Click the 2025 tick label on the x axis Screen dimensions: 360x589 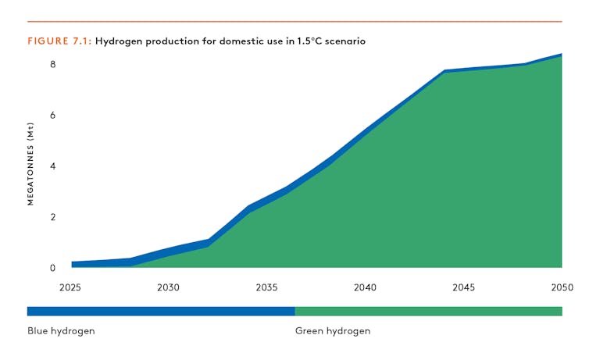point(70,287)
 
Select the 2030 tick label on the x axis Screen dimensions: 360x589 point(168,287)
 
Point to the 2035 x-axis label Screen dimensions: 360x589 point(266,287)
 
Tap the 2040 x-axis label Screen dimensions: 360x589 point(365,287)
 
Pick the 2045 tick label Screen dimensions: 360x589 point(463,287)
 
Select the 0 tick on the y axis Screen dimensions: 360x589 point(53,268)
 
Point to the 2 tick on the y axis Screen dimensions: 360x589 point(53,217)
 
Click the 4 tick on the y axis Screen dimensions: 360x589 point(53,166)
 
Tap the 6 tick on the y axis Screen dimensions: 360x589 point(53,116)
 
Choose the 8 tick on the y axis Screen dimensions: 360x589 point(53,64)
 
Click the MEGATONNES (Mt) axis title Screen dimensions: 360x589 point(31,163)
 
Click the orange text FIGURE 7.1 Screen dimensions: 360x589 point(59,41)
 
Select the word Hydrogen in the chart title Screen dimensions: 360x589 point(117,41)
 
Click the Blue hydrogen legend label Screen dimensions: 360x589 point(61,331)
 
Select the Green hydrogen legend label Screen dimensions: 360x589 point(333,331)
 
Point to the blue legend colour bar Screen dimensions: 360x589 point(161,311)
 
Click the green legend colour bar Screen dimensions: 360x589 point(428,311)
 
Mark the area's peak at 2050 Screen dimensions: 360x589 point(561,55)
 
